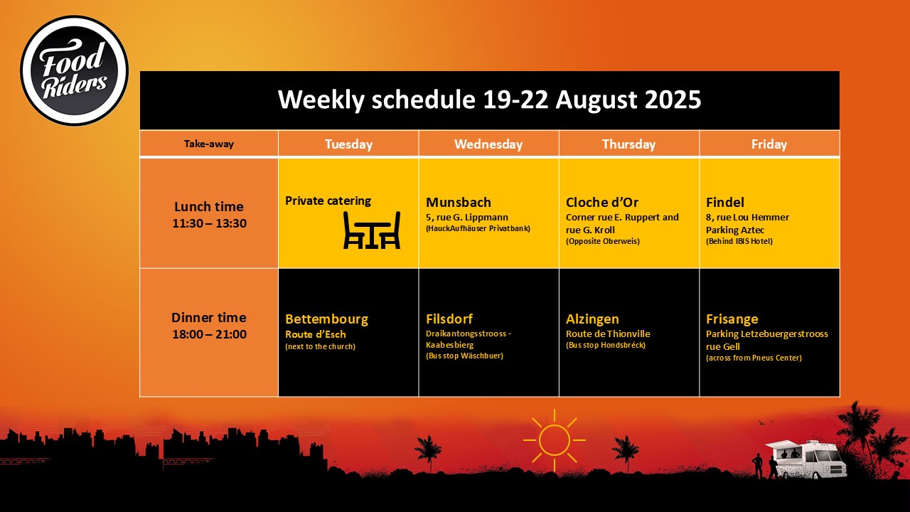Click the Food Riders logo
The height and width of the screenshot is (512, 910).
coord(75,70)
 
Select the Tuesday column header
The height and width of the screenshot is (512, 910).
coord(348,144)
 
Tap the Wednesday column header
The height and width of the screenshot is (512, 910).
coord(488,144)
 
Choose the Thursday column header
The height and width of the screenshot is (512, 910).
coord(629,144)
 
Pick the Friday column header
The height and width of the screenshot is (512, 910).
coord(769,144)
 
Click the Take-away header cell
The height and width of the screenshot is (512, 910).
coord(209,144)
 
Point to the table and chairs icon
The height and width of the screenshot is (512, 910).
coord(372,230)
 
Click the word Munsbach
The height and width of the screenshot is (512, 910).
coord(459,203)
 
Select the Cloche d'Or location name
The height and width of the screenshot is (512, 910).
coord(602,203)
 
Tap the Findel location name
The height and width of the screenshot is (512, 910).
coord(725,203)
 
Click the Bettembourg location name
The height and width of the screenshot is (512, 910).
coord(326,319)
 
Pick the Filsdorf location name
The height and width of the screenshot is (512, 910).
coord(449,319)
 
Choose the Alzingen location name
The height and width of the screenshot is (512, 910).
coord(592,319)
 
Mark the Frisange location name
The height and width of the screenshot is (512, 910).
coord(732,319)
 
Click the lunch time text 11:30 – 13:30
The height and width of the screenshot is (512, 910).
coord(209,223)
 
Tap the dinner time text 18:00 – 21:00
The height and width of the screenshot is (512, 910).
coord(209,334)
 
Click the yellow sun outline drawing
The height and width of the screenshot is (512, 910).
coord(554,440)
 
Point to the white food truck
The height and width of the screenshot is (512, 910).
coord(806,459)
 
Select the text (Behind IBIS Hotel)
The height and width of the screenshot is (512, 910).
coord(739,241)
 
